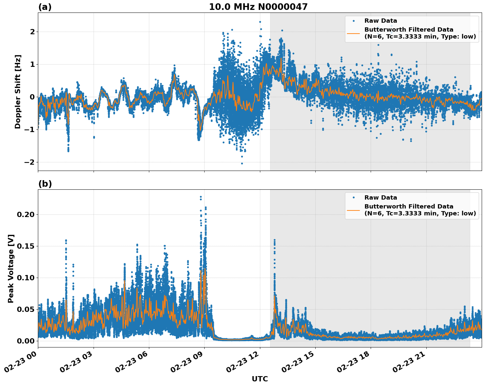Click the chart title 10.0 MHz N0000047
tap(258, 7)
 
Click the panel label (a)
tap(45, 7)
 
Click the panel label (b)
tap(45, 184)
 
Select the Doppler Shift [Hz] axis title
tap(18, 92)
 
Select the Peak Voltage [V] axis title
tap(11, 268)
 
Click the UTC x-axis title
tap(260, 379)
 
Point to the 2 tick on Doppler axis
tap(32, 32)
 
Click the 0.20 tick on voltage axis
tap(25, 214)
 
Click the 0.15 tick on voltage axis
tap(25, 246)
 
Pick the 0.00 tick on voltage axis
tap(25, 341)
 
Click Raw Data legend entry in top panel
tap(381, 21)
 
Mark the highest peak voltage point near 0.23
tap(201, 197)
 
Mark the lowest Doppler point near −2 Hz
tap(242, 163)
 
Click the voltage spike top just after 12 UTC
tap(274, 240)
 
